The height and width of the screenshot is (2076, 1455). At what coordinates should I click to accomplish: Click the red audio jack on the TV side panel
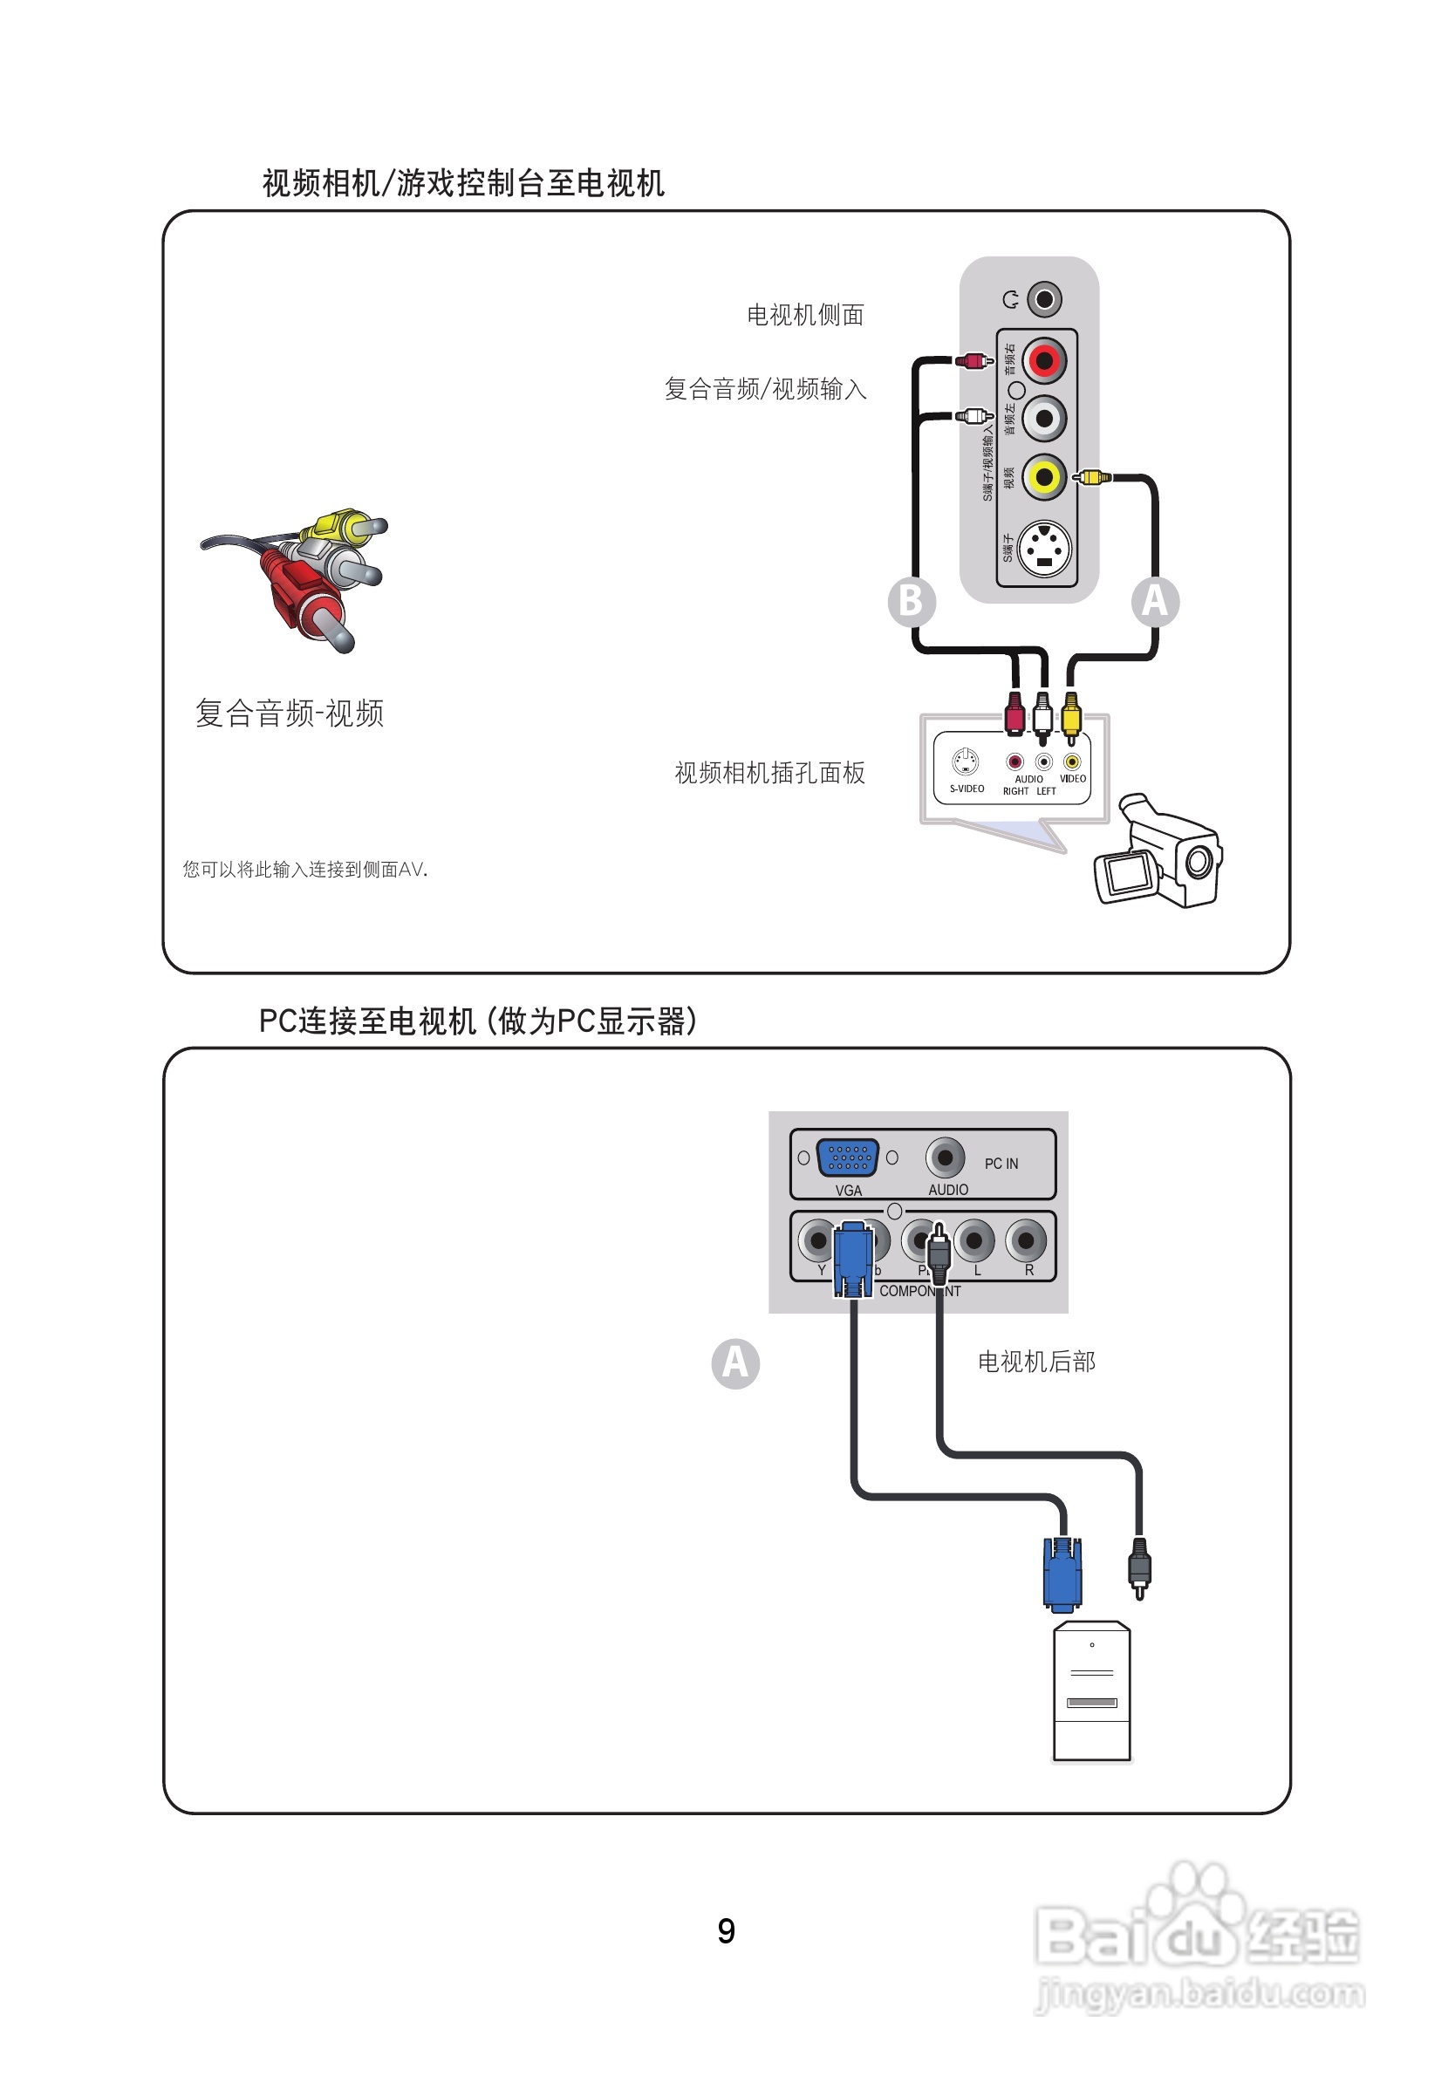pyautogui.click(x=1044, y=361)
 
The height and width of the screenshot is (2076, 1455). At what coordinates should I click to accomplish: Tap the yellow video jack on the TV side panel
pyautogui.click(x=1044, y=475)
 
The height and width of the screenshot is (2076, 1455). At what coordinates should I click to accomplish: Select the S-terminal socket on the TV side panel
pyautogui.click(x=1044, y=549)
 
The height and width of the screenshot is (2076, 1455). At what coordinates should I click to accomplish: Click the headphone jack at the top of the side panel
pyautogui.click(x=1044, y=298)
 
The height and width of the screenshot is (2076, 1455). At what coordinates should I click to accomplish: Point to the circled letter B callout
pyautogui.click(x=911, y=601)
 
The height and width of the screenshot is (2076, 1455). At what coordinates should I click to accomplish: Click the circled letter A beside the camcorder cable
pyautogui.click(x=1155, y=601)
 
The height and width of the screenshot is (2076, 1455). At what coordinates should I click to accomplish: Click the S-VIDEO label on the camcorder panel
pyautogui.click(x=967, y=789)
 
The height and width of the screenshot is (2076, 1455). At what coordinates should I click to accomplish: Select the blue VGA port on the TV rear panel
pyautogui.click(x=847, y=1157)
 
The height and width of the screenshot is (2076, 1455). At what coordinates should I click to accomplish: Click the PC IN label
pyautogui.click(x=1001, y=1164)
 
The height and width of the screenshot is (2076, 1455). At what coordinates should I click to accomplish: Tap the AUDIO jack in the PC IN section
pyautogui.click(x=945, y=1157)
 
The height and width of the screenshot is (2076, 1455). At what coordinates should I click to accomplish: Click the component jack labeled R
pyautogui.click(x=1027, y=1240)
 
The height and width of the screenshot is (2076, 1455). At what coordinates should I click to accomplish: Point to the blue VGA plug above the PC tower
pyautogui.click(x=1062, y=1574)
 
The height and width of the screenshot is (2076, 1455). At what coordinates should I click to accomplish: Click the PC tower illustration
pyautogui.click(x=1091, y=1690)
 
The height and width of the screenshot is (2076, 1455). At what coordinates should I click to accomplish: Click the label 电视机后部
pyautogui.click(x=1036, y=1362)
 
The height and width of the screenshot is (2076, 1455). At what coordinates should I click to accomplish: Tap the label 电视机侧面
pyautogui.click(x=805, y=315)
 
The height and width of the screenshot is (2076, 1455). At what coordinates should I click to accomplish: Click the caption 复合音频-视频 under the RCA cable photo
pyautogui.click(x=290, y=714)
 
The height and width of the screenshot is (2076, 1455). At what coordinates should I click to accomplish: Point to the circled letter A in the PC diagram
pyautogui.click(x=735, y=1363)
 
